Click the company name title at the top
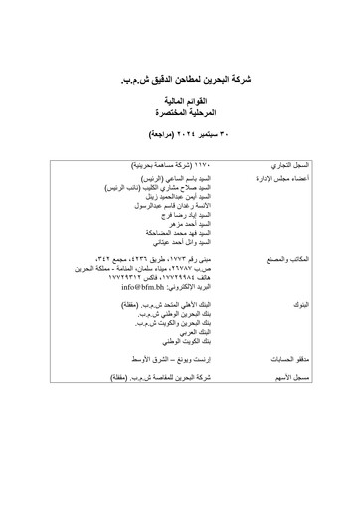[180, 75]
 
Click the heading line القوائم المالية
[180, 102]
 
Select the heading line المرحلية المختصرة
[180, 115]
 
